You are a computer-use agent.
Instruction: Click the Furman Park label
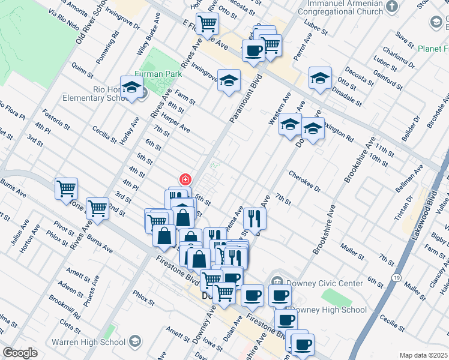click(154, 74)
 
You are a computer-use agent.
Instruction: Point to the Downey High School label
click(328, 310)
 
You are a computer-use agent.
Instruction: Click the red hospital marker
click(185, 179)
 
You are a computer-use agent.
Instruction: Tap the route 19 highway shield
click(397, 277)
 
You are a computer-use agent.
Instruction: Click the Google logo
click(20, 353)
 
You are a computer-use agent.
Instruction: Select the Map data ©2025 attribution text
click(424, 355)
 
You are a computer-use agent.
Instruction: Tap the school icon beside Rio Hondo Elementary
click(131, 88)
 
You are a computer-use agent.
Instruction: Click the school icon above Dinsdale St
click(320, 78)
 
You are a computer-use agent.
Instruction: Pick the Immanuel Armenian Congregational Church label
click(343, 9)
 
